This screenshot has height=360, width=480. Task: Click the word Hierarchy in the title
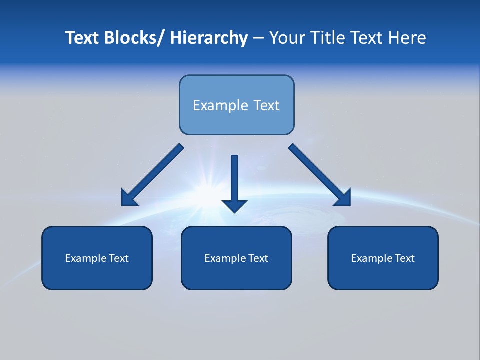(209, 38)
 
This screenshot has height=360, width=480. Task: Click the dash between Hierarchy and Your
(258, 38)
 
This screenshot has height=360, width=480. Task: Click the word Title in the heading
(328, 38)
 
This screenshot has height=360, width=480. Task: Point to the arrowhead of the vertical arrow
(234, 205)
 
